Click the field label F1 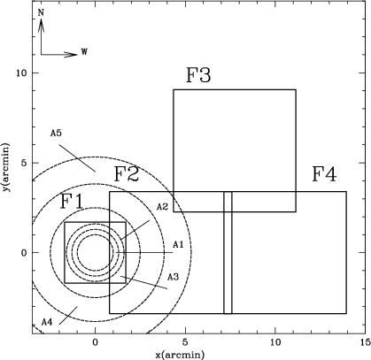(72, 202)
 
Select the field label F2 (127, 174)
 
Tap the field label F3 (198, 75)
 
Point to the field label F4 (324, 175)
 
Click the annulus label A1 (178, 244)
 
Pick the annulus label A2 (162, 207)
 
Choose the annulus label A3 (174, 277)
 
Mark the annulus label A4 (47, 322)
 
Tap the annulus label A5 (56, 134)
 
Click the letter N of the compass (41, 12)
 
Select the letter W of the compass (84, 52)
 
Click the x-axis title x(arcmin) (180, 354)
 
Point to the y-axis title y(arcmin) (5, 166)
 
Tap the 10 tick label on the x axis (275, 342)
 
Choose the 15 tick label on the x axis (366, 342)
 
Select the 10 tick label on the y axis (22, 73)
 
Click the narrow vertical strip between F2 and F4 (228, 253)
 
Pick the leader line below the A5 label (77, 158)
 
